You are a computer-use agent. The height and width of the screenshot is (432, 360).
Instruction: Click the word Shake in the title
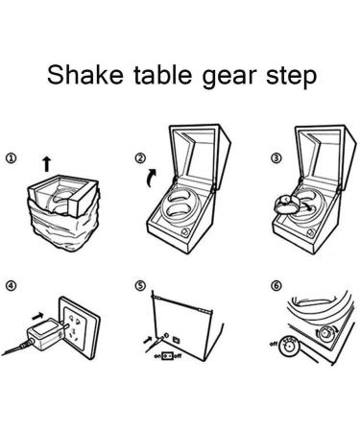tap(85, 75)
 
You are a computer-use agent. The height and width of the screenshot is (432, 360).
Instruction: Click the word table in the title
tap(163, 75)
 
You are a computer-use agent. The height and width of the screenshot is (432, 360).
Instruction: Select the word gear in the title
tap(229, 78)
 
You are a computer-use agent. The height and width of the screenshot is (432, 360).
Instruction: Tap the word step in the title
tap(291, 77)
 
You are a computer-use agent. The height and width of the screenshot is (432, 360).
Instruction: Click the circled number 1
tap(11, 158)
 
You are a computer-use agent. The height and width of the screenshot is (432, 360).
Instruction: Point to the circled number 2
tap(140, 158)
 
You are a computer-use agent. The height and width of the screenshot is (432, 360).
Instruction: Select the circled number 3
tap(276, 158)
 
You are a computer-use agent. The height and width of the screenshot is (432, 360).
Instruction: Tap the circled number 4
tap(11, 286)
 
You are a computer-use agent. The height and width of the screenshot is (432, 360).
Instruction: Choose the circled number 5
tap(140, 286)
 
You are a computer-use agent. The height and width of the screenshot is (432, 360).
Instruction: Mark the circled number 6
tap(276, 286)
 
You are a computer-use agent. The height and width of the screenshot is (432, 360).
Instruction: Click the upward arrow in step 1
tap(47, 163)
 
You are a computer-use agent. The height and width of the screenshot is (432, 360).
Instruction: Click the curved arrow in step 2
tap(151, 179)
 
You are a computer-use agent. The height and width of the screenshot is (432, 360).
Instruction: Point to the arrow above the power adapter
tap(37, 316)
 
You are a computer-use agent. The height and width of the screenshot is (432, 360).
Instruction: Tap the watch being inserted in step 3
tap(287, 204)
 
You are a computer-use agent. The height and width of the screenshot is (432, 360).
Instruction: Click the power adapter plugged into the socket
tap(45, 335)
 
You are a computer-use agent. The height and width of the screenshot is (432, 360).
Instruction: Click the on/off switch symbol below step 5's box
tap(168, 356)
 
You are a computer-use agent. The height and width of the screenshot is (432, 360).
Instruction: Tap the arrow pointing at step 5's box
tap(148, 340)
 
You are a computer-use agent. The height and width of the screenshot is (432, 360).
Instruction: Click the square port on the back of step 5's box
tap(176, 340)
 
